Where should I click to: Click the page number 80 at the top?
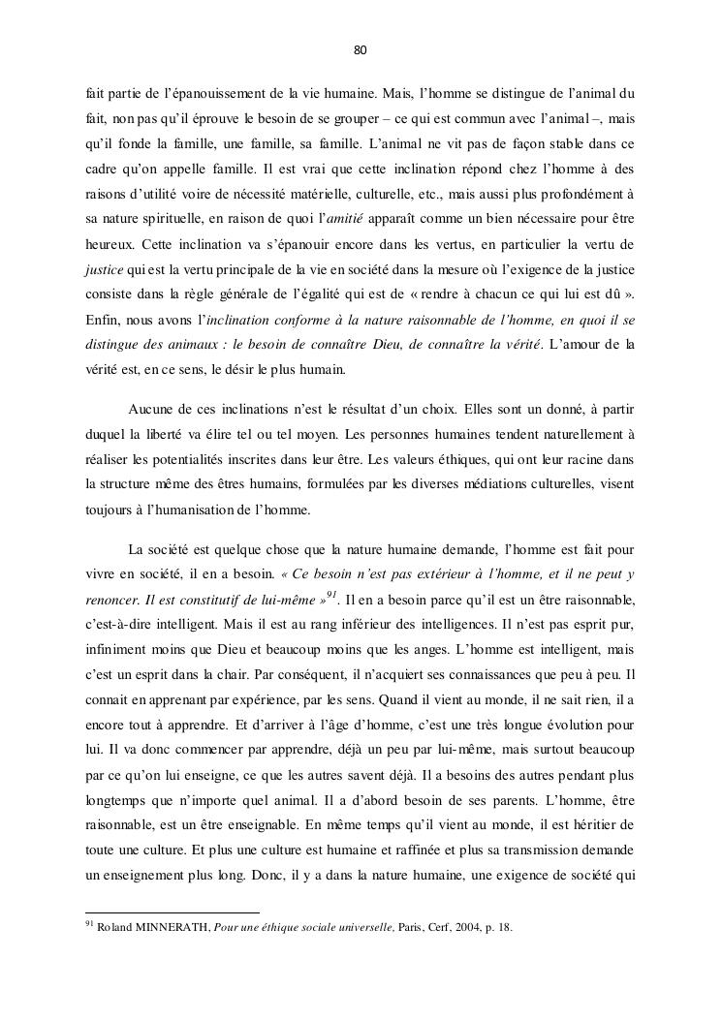(361, 49)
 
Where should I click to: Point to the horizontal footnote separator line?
(173, 912)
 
